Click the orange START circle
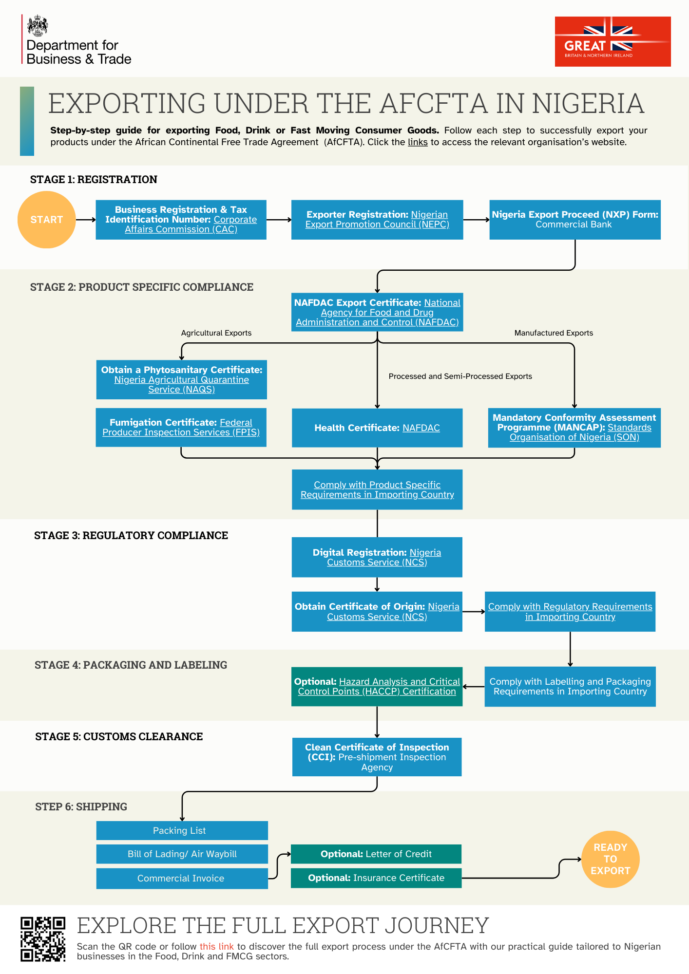47,220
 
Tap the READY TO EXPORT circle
610,859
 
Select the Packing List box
182,830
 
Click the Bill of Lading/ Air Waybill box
182,854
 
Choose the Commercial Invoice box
182,878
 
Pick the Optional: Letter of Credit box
376,854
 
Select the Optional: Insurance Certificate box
376,878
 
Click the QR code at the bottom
43,939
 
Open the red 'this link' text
216,946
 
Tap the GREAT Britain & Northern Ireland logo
612,41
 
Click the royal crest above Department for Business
38,26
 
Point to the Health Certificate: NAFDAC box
377,428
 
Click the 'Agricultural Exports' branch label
216,333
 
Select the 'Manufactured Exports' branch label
554,333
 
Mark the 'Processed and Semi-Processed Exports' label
460,376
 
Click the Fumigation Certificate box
181,427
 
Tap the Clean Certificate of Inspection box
377,757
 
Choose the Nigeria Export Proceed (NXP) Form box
575,220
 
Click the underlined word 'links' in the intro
418,142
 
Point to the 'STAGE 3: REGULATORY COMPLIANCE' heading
131,535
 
